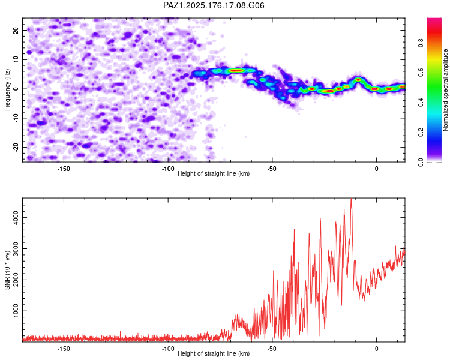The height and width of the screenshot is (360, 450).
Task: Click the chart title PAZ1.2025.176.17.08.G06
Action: click(x=214, y=5)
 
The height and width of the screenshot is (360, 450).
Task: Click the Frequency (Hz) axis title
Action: click(x=7, y=89)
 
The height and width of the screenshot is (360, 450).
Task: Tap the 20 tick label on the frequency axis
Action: click(x=16, y=30)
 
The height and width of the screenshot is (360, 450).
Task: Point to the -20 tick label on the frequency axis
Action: click(x=16, y=148)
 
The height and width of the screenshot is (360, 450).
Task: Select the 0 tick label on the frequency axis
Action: click(x=16, y=89)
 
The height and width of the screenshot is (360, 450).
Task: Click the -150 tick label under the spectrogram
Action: click(x=64, y=169)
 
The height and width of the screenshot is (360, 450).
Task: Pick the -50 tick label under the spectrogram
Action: click(x=272, y=169)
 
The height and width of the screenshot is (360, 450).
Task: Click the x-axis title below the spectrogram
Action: click(x=214, y=173)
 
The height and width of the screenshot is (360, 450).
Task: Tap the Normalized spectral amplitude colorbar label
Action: click(x=445, y=90)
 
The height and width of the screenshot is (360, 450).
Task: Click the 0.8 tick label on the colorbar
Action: click(x=421, y=43)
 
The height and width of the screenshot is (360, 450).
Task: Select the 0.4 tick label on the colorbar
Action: click(x=421, y=102)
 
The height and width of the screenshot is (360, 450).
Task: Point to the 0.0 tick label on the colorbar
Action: click(x=421, y=163)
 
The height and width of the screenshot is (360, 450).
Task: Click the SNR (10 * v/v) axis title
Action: click(x=7, y=270)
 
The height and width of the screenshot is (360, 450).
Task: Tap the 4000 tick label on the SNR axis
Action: click(x=16, y=217)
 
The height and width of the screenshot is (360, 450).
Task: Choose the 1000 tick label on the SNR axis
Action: click(x=16, y=311)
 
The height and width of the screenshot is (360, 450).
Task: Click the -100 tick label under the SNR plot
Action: click(x=167, y=349)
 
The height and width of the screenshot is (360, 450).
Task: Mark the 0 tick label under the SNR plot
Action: click(x=377, y=349)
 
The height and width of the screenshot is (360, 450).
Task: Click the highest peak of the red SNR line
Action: click(x=351, y=199)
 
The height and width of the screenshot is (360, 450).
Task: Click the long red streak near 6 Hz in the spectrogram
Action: click(x=236, y=70)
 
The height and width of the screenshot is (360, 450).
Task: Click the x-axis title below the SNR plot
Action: click(x=214, y=353)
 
